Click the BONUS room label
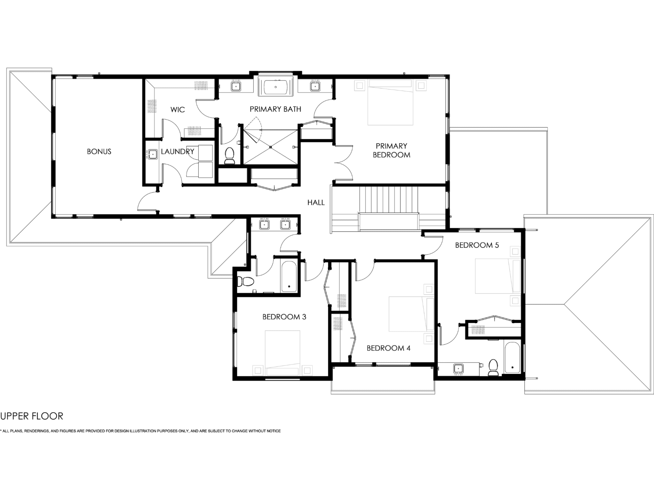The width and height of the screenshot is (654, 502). tap(99, 151)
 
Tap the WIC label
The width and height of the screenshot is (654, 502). tap(178, 110)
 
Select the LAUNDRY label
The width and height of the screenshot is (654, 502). tap(178, 151)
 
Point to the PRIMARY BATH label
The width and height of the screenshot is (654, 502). tap(275, 109)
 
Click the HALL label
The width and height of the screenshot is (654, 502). tap(316, 202)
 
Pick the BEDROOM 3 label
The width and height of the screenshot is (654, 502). tap(284, 317)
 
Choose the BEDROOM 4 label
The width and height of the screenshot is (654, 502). tap(388, 348)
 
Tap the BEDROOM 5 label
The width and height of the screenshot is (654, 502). tap(477, 245)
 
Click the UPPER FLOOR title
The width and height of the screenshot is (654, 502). tap(32, 416)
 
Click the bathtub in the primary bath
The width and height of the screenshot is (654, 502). tap(275, 86)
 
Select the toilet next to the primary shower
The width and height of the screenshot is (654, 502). tap(229, 156)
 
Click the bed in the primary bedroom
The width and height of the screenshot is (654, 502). tap(391, 102)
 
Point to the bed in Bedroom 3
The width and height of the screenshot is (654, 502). tap(282, 353)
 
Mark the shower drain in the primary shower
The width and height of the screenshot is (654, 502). tap(270, 147)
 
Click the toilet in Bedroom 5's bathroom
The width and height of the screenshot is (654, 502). tap(493, 368)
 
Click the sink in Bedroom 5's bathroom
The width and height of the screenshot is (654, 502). tap(459, 369)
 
